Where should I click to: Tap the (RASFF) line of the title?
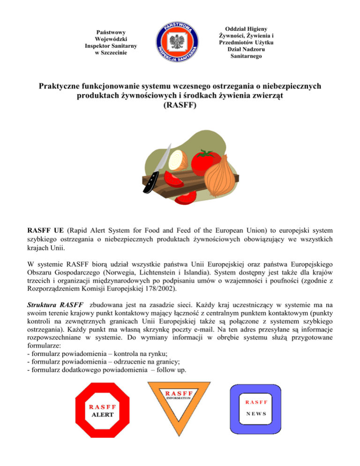(x=180, y=106)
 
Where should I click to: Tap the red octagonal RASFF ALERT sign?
(x=102, y=410)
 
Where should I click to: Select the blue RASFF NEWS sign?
(x=256, y=408)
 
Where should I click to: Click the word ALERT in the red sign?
(x=102, y=415)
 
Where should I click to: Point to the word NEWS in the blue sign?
(x=256, y=414)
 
